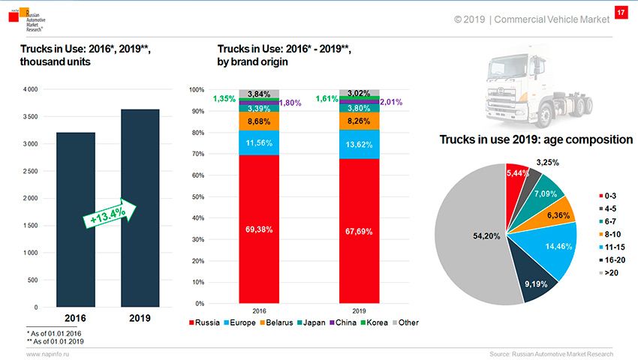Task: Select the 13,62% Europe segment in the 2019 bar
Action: pos(359,145)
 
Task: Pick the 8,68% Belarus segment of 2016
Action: pos(259,121)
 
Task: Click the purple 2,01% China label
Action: pos(390,102)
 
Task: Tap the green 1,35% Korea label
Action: pos(225,98)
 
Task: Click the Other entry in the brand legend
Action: pos(405,322)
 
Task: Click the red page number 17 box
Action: pos(621,13)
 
